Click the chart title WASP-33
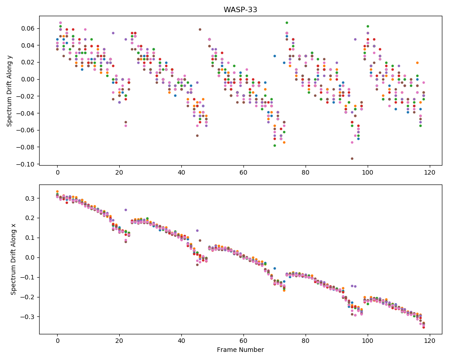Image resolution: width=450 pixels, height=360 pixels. coord(240,10)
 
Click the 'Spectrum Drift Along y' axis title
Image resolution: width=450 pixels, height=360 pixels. coord(9,90)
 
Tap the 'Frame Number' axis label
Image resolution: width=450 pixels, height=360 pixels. coord(240,350)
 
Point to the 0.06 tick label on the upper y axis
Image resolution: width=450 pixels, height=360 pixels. coord(28,28)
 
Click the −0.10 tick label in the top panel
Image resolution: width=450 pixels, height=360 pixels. coord(26,164)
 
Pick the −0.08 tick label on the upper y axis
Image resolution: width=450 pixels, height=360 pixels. coord(26,147)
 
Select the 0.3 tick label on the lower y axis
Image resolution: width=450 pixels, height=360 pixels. coord(30,198)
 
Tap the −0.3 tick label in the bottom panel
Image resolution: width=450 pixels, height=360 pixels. coord(28,317)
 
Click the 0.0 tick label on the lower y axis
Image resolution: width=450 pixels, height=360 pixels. coord(30,257)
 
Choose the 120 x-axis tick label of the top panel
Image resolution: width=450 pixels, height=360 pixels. coord(430,172)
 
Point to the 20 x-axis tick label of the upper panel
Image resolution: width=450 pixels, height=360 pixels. coord(119,172)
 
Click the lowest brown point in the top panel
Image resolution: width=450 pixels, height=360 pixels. coord(352,158)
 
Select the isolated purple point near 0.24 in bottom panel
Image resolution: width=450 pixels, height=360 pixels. coord(126,210)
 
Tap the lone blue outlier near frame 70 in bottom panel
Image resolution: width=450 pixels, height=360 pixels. coord(274,268)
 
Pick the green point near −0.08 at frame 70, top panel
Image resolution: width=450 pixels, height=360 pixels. coord(274,145)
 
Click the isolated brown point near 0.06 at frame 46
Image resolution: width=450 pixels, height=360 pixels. coord(200,30)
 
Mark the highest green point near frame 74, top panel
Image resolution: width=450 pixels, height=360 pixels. coord(287,22)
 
